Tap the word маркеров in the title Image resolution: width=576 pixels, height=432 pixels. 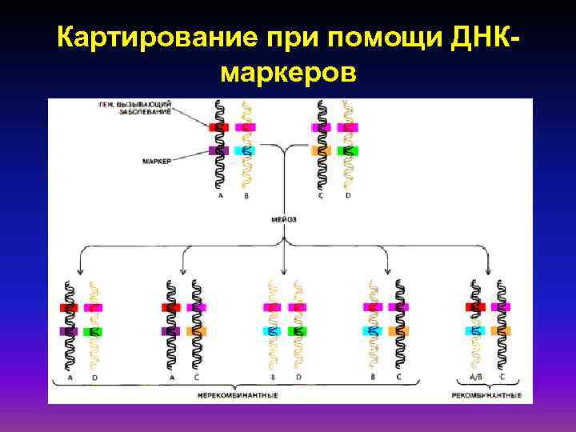pos(287,74)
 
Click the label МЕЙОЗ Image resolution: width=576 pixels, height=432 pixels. pos(284,218)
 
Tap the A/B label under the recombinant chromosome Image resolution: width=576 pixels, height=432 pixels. pos(475,376)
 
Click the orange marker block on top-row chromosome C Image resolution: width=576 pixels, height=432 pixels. pos(321,150)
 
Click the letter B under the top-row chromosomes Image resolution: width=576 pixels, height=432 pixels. pos(246,194)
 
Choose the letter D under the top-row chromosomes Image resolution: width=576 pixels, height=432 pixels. pos(347,194)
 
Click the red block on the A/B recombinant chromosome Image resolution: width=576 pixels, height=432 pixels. pos(475,307)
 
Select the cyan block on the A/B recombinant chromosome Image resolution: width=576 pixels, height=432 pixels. pos(475,330)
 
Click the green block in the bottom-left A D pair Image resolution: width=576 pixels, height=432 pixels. pos(94,331)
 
